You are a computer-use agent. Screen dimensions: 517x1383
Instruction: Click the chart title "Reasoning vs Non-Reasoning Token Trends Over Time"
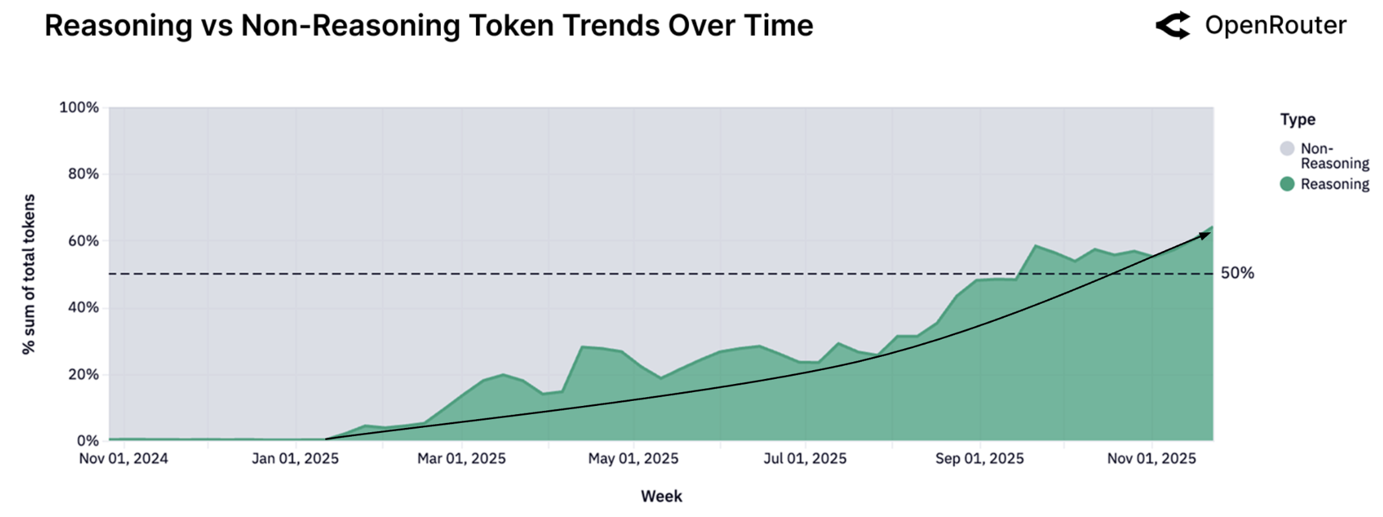[x=429, y=26]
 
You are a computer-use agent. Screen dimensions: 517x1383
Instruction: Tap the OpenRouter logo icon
[x=1173, y=26]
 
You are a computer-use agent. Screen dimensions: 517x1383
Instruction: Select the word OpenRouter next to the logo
[x=1276, y=26]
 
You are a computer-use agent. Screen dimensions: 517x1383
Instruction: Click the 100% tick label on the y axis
[x=79, y=107]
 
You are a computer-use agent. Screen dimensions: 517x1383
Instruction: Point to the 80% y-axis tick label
[x=84, y=174]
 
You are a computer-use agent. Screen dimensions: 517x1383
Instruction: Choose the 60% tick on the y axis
[x=84, y=241]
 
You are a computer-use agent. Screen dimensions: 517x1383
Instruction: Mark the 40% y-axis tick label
[x=84, y=307]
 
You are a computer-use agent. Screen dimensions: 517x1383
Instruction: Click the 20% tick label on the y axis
[x=84, y=375]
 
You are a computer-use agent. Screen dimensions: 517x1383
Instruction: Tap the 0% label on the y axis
[x=88, y=441]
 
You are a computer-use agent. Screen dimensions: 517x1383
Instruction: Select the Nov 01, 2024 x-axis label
[x=124, y=459]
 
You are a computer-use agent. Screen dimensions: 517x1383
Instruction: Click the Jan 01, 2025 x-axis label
[x=295, y=459]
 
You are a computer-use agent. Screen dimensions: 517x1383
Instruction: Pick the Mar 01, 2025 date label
[x=462, y=459]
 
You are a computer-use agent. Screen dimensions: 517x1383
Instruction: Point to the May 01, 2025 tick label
[x=633, y=459]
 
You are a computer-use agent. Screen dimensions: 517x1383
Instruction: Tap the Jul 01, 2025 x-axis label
[x=805, y=459]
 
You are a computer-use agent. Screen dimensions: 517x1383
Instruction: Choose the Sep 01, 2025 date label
[x=979, y=459]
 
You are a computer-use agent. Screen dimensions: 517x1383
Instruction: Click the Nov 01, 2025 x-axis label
[x=1151, y=459]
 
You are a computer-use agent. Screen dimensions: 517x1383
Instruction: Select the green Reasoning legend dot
[x=1288, y=184]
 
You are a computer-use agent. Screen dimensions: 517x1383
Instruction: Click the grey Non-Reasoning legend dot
[x=1288, y=149]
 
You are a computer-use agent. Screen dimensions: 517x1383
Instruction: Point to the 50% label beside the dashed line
[x=1237, y=273]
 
